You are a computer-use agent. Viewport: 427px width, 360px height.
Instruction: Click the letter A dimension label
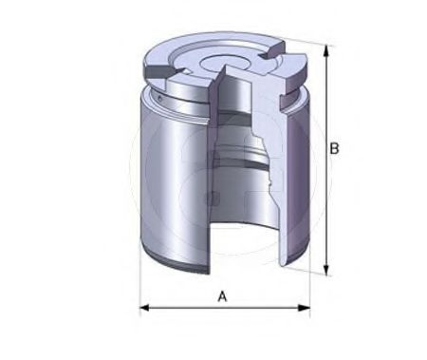pos(223,296)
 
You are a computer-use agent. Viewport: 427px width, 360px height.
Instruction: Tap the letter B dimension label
pos(335,148)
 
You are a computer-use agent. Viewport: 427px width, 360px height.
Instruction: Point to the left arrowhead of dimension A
pos(145,308)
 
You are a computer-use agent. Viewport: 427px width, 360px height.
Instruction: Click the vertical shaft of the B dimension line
pos(325,190)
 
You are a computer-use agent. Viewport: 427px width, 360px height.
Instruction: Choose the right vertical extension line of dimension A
pos(310,285)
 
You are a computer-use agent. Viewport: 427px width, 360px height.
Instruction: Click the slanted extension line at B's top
pos(304,41)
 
